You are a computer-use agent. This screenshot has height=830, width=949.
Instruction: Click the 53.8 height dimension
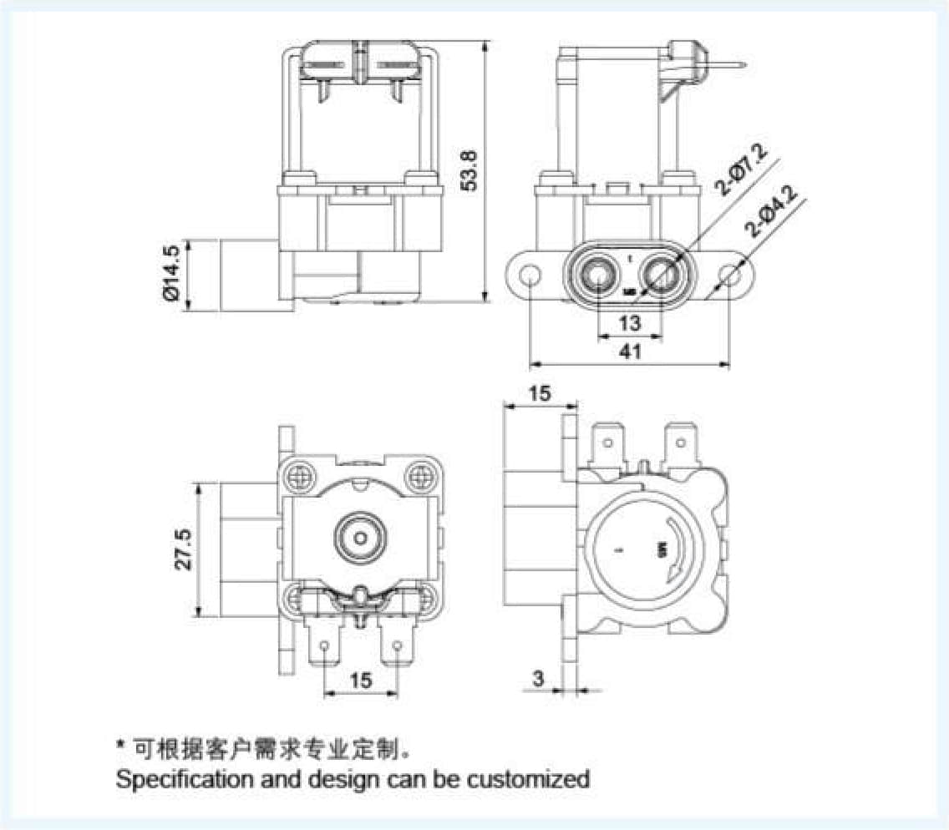tap(471, 171)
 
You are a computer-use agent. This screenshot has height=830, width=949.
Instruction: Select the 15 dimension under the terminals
tap(360, 681)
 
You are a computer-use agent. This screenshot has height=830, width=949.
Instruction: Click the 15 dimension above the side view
tap(540, 393)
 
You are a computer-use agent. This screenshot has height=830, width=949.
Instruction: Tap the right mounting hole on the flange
tap(732, 274)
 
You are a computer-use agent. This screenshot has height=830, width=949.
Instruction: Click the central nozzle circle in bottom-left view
tap(360, 537)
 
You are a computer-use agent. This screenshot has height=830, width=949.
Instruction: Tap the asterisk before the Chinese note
tap(121, 743)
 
